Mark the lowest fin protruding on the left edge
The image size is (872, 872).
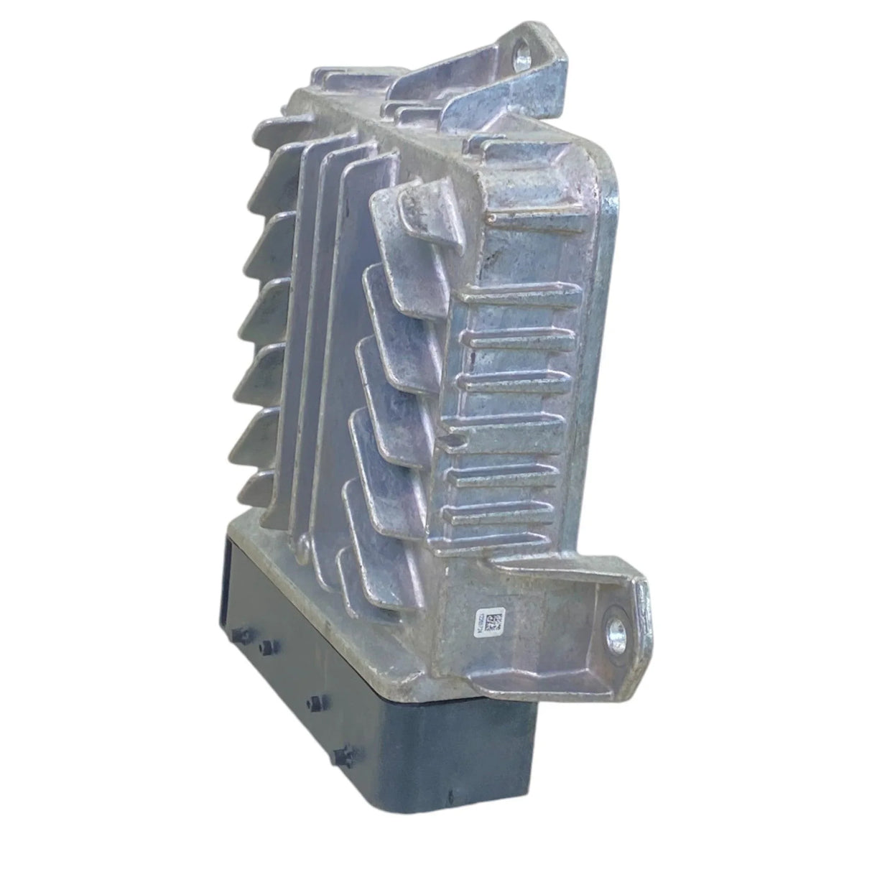[x=251, y=488]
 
